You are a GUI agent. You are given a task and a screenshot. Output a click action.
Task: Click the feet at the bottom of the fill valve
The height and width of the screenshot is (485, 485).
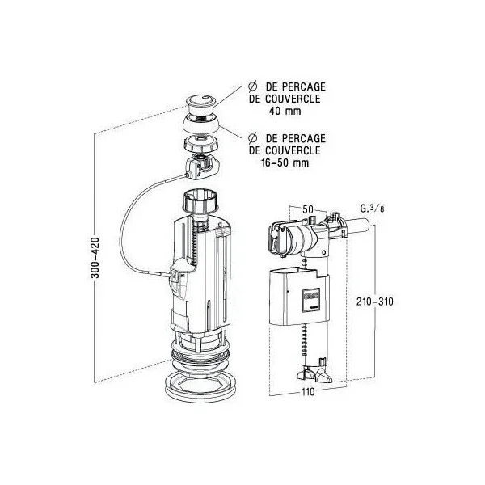314,376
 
